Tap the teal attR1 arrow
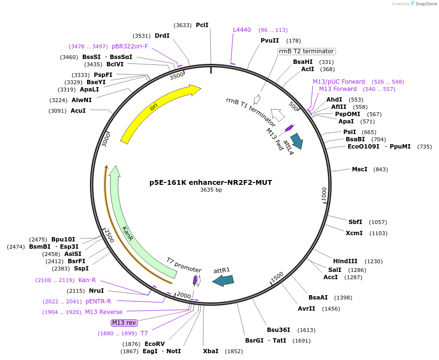click(x=223, y=280)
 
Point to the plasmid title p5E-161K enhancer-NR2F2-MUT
click(x=211, y=182)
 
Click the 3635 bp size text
click(x=211, y=190)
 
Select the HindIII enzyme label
click(x=345, y=261)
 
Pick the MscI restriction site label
click(x=360, y=169)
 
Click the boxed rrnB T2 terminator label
click(x=307, y=51)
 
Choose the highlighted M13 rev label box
click(x=124, y=322)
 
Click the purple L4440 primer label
click(x=242, y=30)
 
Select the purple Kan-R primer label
click(x=87, y=280)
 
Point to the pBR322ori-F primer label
click(x=130, y=46)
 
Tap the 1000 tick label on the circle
click(x=324, y=196)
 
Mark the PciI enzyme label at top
click(x=202, y=25)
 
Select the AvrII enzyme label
click(x=307, y=309)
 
